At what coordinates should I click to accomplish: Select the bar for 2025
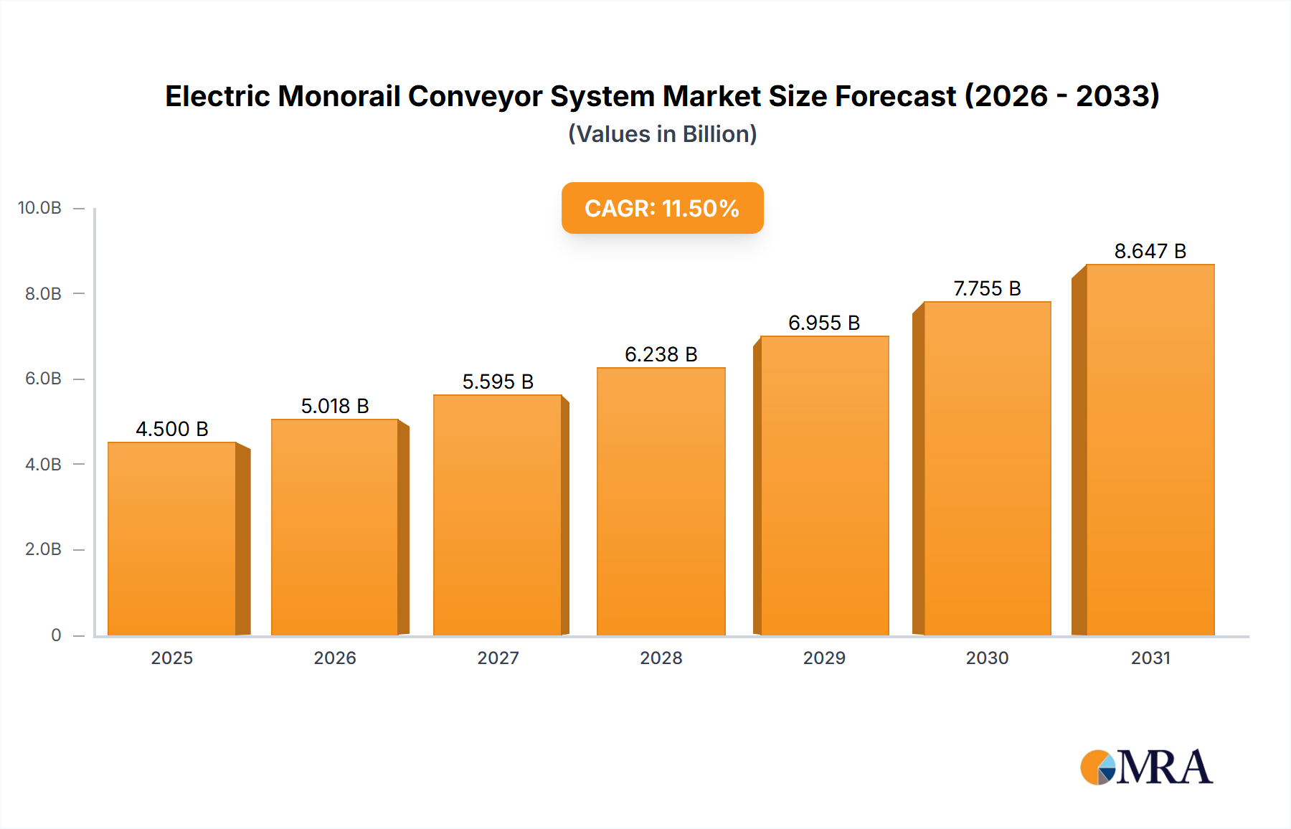[172, 538]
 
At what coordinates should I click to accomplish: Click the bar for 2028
[661, 502]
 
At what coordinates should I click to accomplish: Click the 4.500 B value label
[172, 429]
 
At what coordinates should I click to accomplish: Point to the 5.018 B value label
[335, 406]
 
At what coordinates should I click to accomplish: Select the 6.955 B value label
[824, 323]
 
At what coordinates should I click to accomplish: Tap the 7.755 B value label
[987, 288]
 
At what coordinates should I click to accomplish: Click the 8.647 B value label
[1150, 251]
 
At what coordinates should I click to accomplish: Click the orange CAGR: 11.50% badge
[662, 208]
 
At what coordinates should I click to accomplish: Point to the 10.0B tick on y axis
[39, 208]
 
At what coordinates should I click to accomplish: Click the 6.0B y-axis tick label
[43, 379]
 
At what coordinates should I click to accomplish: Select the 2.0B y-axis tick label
[43, 549]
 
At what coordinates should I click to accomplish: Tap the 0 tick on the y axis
[56, 635]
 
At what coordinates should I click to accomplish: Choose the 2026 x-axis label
[335, 658]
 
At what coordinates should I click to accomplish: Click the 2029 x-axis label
[824, 658]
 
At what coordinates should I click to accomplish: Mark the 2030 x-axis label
[987, 658]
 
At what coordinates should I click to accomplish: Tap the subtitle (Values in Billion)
[662, 134]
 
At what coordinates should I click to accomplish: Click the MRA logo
[1146, 767]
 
